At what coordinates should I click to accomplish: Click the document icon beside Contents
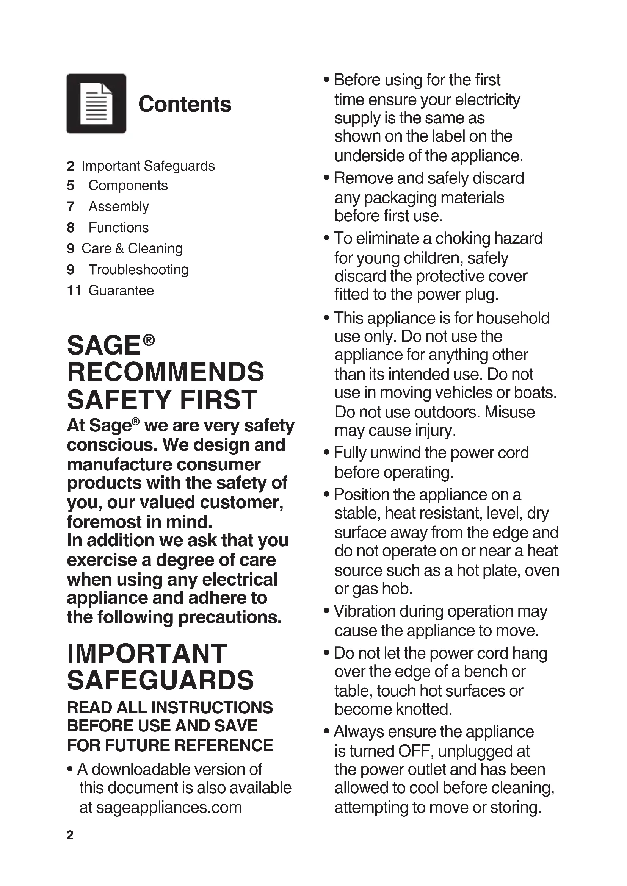96,103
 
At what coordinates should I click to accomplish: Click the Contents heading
185,104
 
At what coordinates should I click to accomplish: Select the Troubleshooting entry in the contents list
138,269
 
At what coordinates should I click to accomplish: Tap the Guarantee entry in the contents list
121,290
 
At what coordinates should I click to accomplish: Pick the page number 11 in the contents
74,290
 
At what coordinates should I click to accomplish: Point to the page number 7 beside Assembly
70,206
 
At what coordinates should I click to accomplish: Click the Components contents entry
128,185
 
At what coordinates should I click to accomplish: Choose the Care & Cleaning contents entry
132,248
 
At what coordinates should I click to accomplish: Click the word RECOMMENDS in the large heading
166,372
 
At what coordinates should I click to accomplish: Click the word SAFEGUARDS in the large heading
160,680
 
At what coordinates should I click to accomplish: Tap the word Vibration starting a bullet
364,611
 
